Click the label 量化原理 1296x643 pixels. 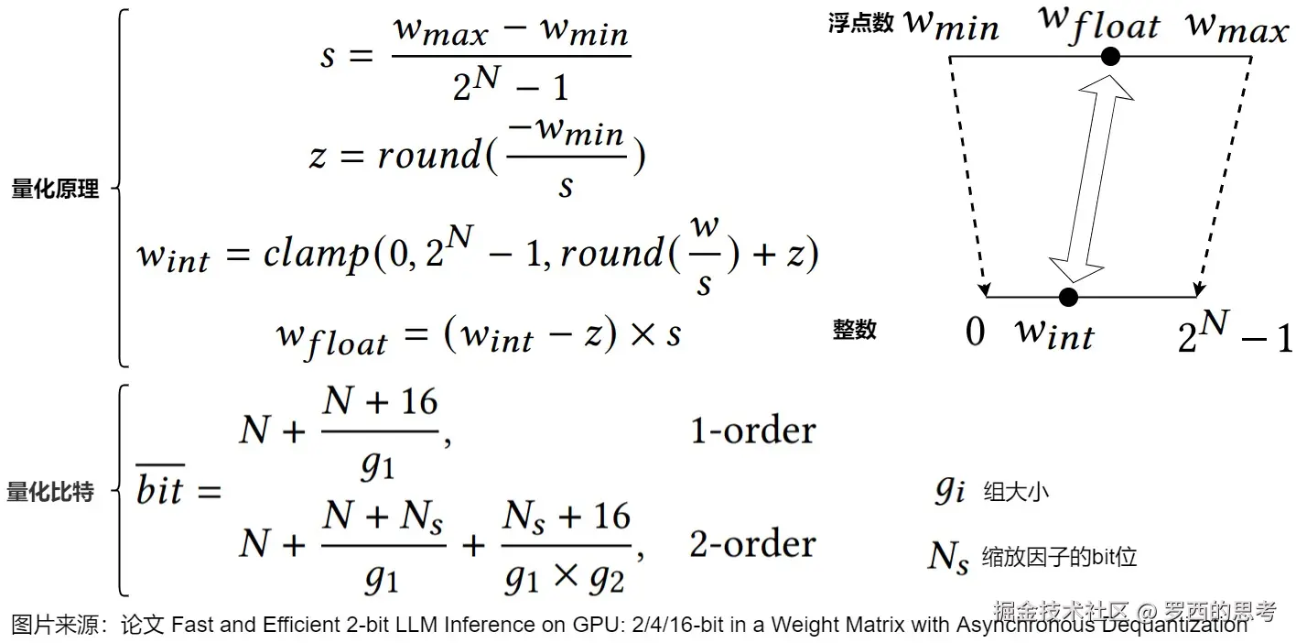click(x=55, y=190)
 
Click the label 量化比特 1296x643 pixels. click(x=50, y=492)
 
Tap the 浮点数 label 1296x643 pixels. click(x=860, y=24)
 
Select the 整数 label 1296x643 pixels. click(x=855, y=330)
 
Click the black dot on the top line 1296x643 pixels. click(x=1110, y=57)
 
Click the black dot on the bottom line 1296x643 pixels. click(x=1067, y=297)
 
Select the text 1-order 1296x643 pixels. click(x=752, y=430)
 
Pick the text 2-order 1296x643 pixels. click(x=752, y=544)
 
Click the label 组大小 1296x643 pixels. click(x=1016, y=492)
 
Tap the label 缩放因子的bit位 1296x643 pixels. click(x=1059, y=556)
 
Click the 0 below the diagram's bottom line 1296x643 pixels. click(x=976, y=331)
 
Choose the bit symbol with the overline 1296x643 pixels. click(x=160, y=490)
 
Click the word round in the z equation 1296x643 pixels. click(x=428, y=156)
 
